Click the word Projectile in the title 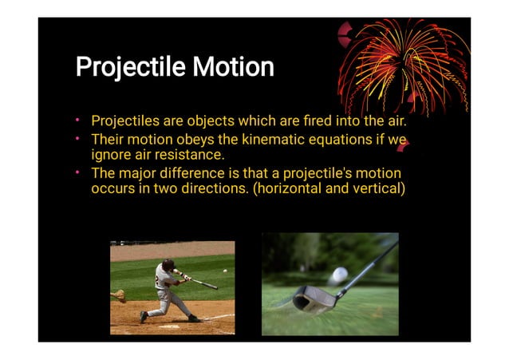128,66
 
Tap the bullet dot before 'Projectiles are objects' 79,121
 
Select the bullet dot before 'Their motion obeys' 79,140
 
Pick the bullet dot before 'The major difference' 79,173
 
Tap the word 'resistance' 191,154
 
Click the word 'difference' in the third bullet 196,173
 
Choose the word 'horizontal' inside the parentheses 290,189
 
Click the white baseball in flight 225,271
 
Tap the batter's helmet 168,265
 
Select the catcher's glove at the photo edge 118,295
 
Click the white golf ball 340,274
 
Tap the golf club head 313,299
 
